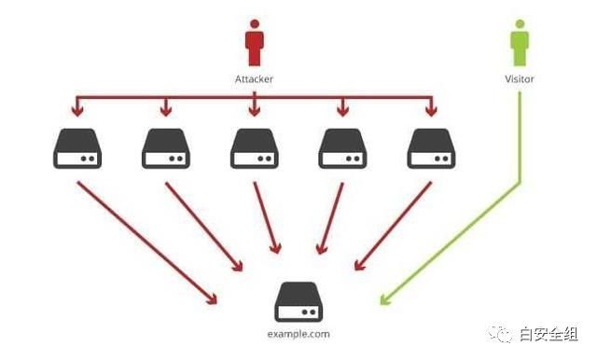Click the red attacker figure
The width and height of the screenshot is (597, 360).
pyautogui.click(x=255, y=43)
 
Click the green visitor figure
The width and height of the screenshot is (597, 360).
pyautogui.click(x=520, y=43)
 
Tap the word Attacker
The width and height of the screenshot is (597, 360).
pyautogui.click(x=254, y=79)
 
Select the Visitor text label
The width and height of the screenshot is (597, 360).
pyautogui.click(x=520, y=79)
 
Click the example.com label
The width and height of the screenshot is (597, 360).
pyautogui.click(x=298, y=334)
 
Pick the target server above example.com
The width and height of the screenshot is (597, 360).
pyautogui.click(x=298, y=302)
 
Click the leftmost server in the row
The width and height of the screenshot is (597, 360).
pyautogui.click(x=77, y=148)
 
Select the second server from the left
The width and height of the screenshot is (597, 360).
pyautogui.click(x=166, y=148)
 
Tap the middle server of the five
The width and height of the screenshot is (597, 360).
pyautogui.click(x=255, y=148)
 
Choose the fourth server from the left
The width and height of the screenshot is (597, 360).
pyautogui.click(x=342, y=148)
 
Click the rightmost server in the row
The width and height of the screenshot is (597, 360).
pyautogui.click(x=431, y=148)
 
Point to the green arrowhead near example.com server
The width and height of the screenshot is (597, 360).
pyautogui.click(x=385, y=299)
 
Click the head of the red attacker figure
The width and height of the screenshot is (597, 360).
pyautogui.click(x=255, y=24)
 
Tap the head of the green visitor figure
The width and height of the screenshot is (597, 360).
pyautogui.click(x=520, y=24)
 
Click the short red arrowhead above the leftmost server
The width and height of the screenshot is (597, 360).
pyautogui.click(x=77, y=110)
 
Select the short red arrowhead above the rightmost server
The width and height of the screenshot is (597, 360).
pyautogui.click(x=431, y=110)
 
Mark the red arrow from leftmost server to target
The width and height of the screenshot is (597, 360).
pyautogui.click(x=147, y=242)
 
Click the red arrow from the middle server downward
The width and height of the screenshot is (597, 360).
pyautogui.click(x=268, y=217)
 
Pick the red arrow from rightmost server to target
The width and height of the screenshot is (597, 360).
pyautogui.click(x=393, y=226)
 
